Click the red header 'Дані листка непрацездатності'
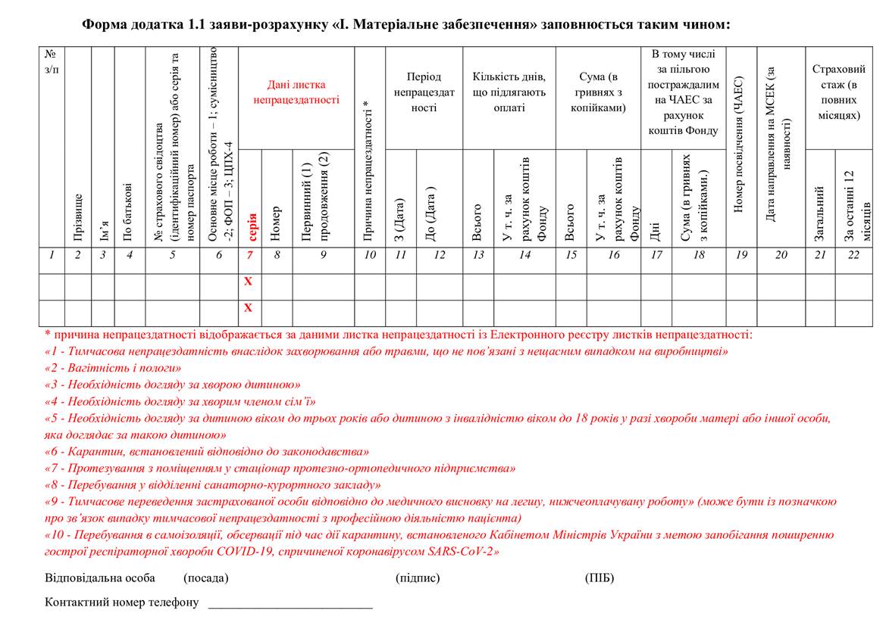[296, 92]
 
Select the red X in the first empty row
[248, 282]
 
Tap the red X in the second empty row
[248, 308]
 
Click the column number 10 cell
[369, 255]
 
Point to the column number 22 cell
[853, 255]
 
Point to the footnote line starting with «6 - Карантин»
[207, 451]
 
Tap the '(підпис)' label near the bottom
[418, 578]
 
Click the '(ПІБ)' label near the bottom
[599, 578]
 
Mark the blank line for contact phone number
[290, 604]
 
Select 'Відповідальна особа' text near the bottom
[99, 578]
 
